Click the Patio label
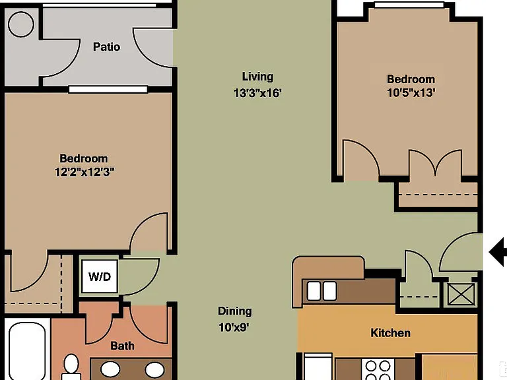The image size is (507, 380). coord(106,47)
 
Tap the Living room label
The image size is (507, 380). coord(257,77)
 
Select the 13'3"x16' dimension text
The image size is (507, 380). coord(257,93)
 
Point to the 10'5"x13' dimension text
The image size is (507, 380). coord(411,93)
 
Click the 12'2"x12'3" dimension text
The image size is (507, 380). coord(84,172)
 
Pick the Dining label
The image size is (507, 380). coord(235,311)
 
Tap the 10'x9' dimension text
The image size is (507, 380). coord(234,328)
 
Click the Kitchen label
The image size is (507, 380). coord(391,332)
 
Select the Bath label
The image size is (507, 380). coord(122,346)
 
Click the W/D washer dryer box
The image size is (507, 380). coord(99,276)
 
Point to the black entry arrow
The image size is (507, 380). coord(498,252)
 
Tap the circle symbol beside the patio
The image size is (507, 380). coord(21,24)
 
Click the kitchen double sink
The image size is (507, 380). coord(321,291)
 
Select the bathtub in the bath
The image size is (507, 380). coord(27,350)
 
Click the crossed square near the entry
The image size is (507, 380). coord(461,294)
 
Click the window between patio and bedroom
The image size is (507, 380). coord(108,89)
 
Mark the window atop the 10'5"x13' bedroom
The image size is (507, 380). coord(409,5)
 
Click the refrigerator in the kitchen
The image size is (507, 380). coord(318,367)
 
